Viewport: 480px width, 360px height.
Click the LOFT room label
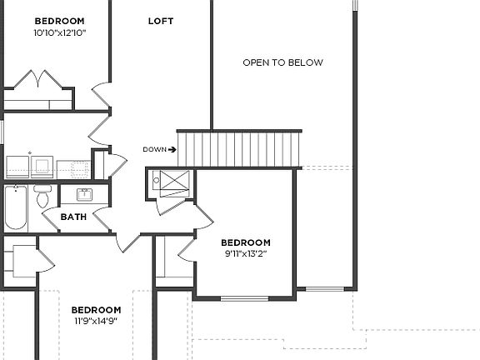tap(161, 21)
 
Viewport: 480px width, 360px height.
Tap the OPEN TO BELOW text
tap(282, 62)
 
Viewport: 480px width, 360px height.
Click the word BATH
tap(73, 217)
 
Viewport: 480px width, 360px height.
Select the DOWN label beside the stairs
tap(154, 150)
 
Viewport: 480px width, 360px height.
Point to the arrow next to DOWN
tap(172, 150)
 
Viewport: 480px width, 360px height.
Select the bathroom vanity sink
tap(84, 195)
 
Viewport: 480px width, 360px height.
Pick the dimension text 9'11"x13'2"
tap(246, 253)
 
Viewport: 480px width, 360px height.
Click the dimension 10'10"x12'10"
tap(59, 32)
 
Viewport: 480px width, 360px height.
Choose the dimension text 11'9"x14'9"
tap(96, 320)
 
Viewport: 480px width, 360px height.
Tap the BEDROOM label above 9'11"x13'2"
tap(246, 242)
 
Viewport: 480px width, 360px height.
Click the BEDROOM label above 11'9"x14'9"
tap(96, 309)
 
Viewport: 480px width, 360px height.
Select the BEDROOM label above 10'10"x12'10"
tap(59, 20)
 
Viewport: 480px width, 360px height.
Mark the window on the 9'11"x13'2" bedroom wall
tap(244, 297)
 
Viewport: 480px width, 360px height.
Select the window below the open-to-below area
tap(324, 289)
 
